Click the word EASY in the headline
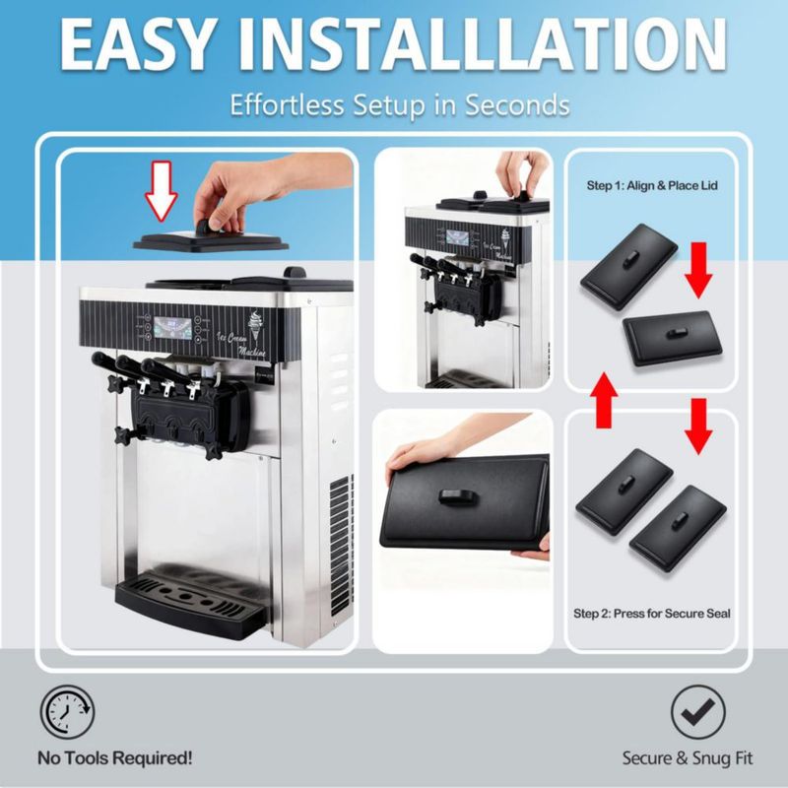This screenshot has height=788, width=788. pyautogui.click(x=136, y=44)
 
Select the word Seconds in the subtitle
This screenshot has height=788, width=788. pyautogui.click(x=516, y=104)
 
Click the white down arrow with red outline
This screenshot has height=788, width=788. pyautogui.click(x=162, y=191)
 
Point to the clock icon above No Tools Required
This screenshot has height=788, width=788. pyautogui.click(x=67, y=711)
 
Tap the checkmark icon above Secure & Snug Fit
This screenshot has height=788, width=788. pyautogui.click(x=698, y=712)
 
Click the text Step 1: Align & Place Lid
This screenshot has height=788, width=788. pyautogui.click(x=652, y=185)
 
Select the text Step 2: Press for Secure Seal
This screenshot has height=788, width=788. pyautogui.click(x=652, y=613)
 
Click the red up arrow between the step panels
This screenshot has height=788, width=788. pyautogui.click(x=604, y=400)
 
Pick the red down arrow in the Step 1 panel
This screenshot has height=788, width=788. pyautogui.click(x=698, y=270)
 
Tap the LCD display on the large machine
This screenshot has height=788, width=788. pyautogui.click(x=172, y=328)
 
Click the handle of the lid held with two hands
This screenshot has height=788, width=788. pyautogui.click(x=456, y=496)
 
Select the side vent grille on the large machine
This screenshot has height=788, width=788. pyautogui.click(x=341, y=546)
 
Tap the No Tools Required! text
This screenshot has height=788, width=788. pyautogui.click(x=115, y=757)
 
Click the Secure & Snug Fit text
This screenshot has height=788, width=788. pyautogui.click(x=688, y=757)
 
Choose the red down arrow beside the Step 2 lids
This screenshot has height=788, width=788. pyautogui.click(x=698, y=427)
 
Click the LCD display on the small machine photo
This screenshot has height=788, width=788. pyautogui.click(x=457, y=237)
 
